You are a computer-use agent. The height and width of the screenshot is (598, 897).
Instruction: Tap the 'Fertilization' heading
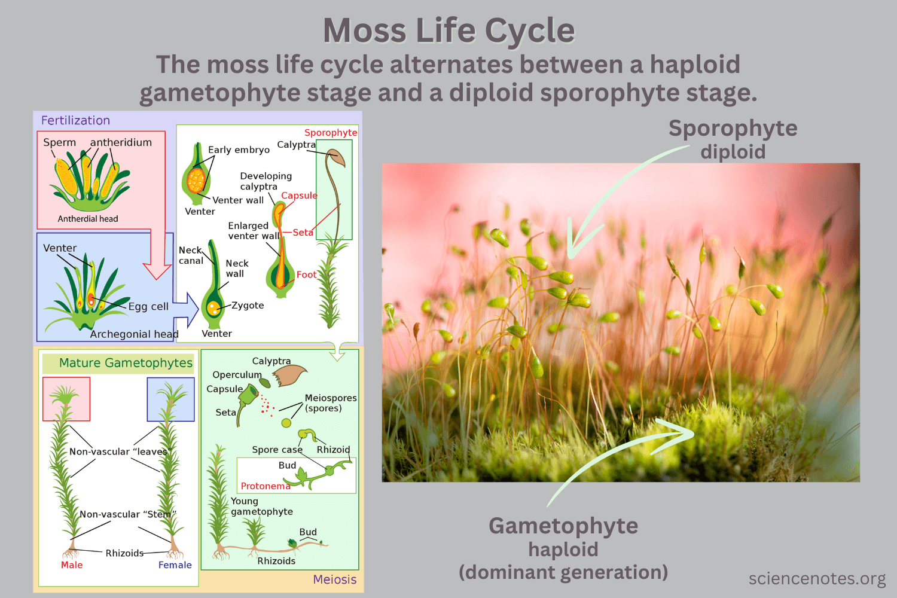(75, 120)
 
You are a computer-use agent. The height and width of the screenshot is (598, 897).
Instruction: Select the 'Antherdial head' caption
(88, 219)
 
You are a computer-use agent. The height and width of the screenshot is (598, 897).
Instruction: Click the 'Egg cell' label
(148, 306)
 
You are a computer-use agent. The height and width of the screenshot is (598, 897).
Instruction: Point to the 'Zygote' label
(248, 305)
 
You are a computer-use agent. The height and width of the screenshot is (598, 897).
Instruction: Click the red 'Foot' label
(306, 274)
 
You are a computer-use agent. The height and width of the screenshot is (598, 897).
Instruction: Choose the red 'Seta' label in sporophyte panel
(303, 232)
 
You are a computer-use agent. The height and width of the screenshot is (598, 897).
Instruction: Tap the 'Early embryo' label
(239, 149)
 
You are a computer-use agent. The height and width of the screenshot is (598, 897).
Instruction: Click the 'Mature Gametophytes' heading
(126, 363)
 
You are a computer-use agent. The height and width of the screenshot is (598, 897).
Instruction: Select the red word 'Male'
(72, 565)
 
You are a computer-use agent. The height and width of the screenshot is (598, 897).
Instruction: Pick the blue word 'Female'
(175, 565)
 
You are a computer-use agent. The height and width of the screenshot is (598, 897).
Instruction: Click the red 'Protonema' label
(265, 486)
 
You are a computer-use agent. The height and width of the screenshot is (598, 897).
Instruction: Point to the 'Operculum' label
(237, 375)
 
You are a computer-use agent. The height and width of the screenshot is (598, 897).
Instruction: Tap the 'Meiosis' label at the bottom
(335, 579)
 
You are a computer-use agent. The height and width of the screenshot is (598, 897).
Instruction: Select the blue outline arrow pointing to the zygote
(187, 308)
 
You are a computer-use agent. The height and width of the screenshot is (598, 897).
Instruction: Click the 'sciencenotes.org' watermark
(817, 578)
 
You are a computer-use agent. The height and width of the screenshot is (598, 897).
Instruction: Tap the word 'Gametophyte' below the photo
(563, 526)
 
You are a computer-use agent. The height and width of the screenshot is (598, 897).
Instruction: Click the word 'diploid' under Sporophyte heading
(733, 152)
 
